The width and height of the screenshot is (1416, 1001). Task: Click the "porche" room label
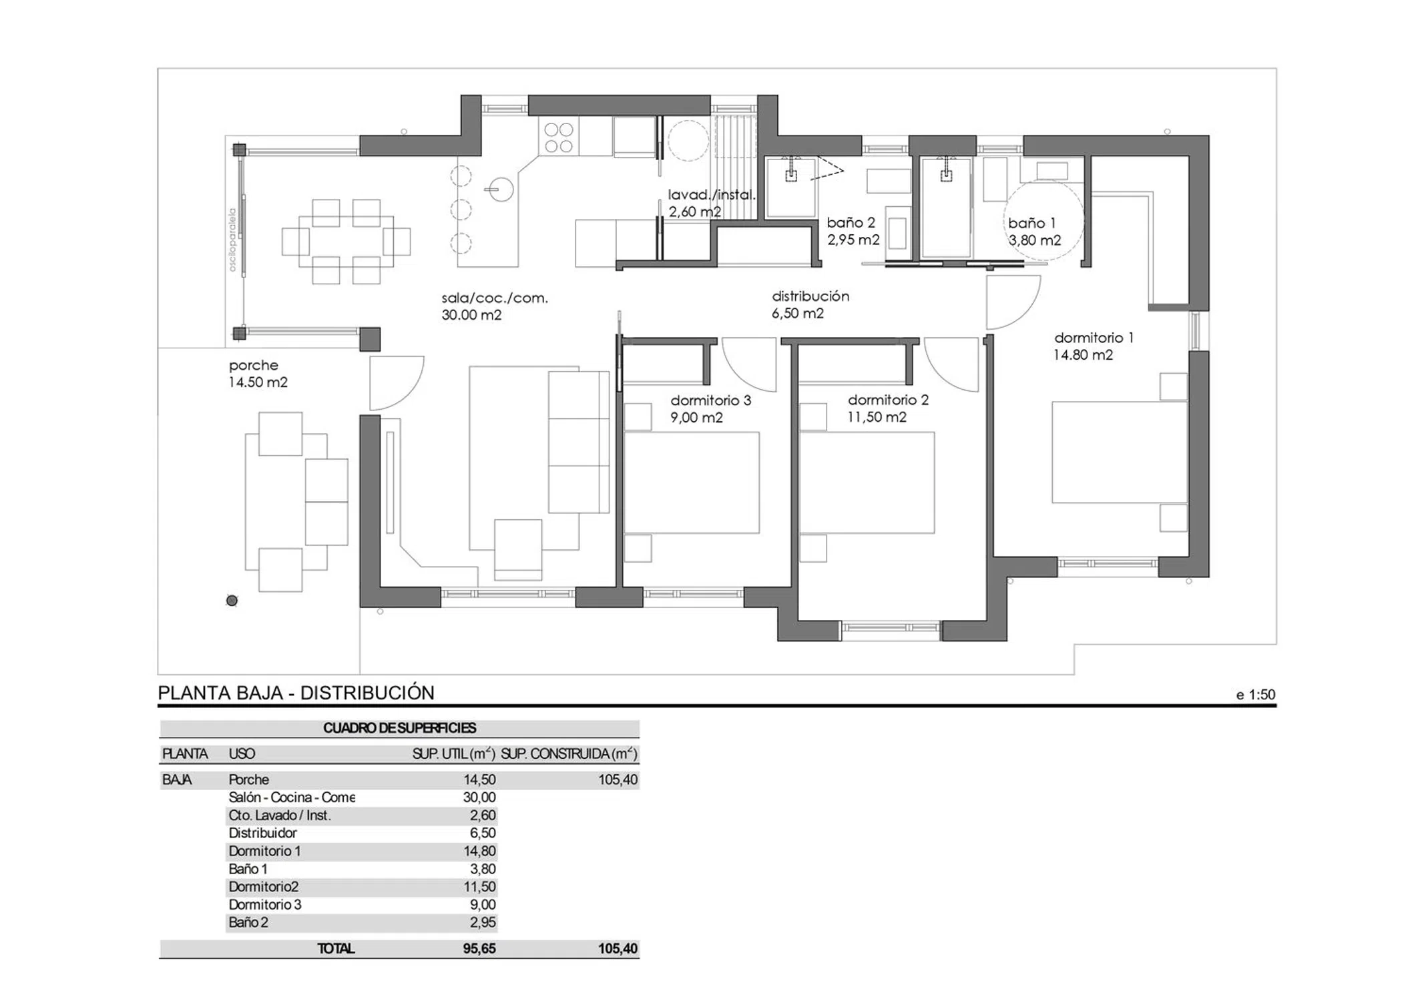click(253, 366)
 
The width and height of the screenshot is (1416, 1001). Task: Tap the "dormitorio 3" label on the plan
click(710, 400)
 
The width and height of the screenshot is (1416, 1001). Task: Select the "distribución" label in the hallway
click(810, 296)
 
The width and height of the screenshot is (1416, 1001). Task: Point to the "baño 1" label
click(1031, 223)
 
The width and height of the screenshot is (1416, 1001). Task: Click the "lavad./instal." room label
click(712, 195)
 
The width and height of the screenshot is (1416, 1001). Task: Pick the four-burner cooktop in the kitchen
click(559, 137)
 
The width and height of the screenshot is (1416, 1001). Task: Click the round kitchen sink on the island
click(499, 190)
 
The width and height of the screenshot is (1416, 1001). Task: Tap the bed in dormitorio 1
click(1120, 452)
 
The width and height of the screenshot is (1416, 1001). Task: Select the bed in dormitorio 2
click(867, 482)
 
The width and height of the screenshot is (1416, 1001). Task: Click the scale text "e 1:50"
click(1256, 695)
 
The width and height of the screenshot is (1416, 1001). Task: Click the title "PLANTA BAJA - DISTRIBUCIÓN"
click(296, 693)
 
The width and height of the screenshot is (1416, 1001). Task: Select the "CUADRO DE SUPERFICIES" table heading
click(399, 728)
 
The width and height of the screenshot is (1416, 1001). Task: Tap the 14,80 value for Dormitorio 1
click(480, 851)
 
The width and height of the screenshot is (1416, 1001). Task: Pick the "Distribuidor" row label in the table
click(262, 833)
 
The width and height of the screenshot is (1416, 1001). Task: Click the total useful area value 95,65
click(479, 948)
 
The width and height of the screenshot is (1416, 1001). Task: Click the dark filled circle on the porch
click(232, 601)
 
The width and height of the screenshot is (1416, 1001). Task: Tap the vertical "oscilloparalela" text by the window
click(233, 240)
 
